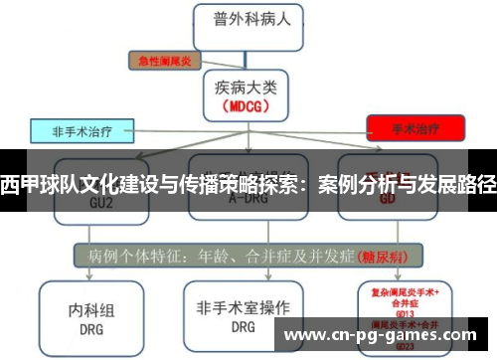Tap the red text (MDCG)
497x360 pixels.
coord(245,104)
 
